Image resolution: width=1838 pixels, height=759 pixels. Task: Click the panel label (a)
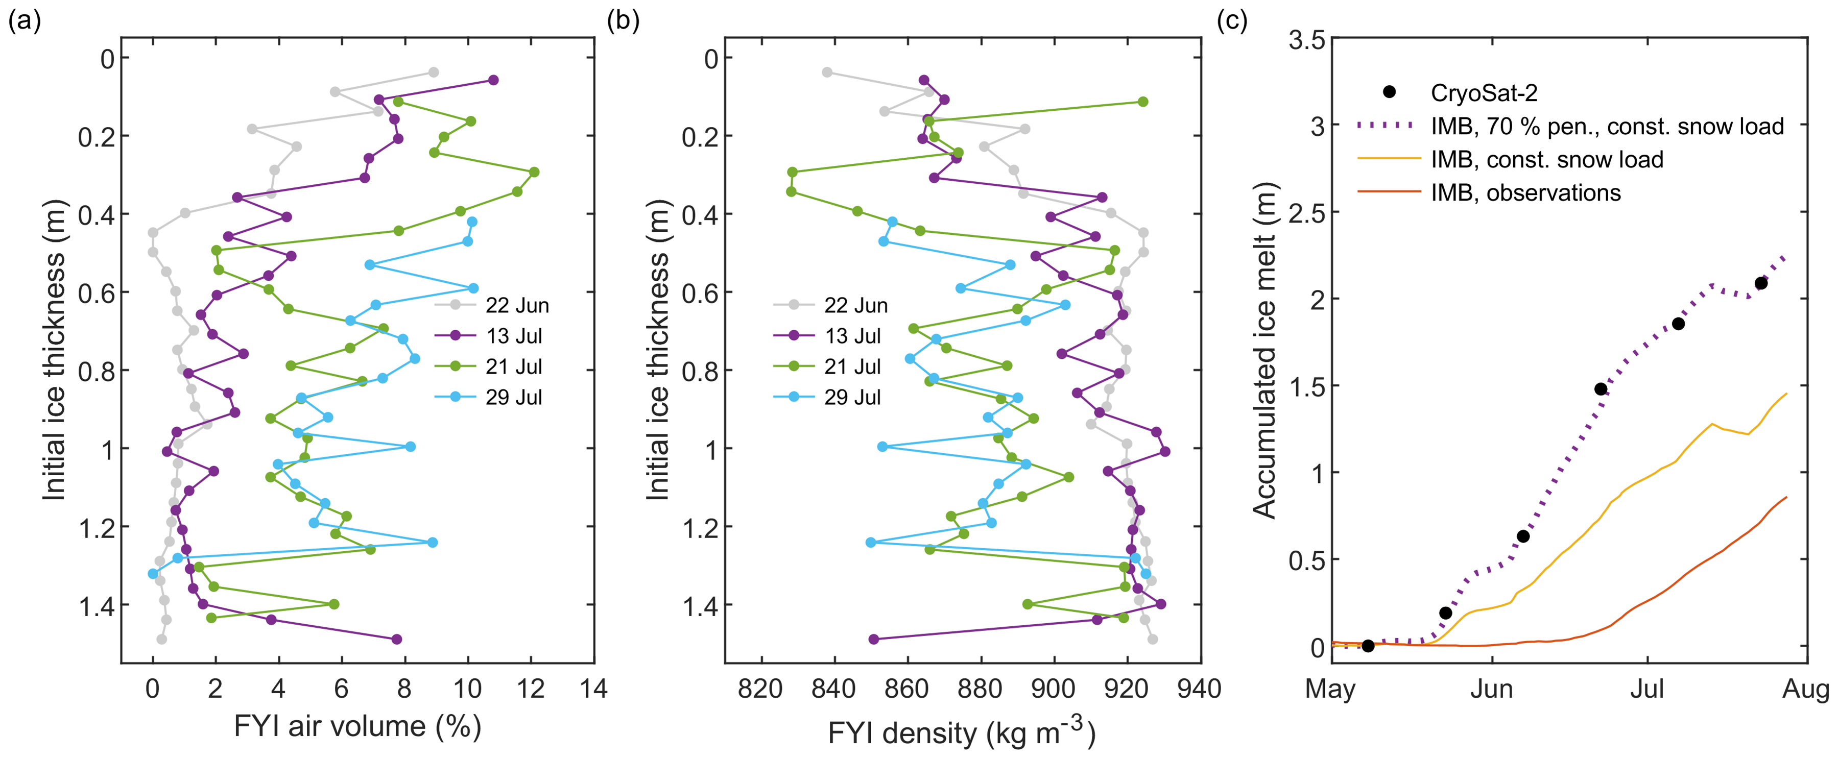[23, 22]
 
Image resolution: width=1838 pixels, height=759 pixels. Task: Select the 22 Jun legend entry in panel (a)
[517, 305]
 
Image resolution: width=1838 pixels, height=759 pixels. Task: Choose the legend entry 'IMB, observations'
[1525, 192]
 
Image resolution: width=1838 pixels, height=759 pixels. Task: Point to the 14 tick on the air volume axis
[593, 689]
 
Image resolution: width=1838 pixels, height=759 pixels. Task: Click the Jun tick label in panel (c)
[1491, 690]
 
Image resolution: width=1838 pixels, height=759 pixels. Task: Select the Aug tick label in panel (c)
[1806, 690]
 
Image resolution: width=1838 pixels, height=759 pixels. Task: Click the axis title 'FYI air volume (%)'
[357, 727]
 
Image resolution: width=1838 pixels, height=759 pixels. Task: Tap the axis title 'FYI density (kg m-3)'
[961, 732]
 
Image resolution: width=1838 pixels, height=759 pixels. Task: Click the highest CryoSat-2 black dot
[1761, 283]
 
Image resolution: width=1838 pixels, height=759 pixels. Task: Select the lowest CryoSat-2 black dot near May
[1368, 646]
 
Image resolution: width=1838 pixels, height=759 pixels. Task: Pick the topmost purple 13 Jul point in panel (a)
[493, 80]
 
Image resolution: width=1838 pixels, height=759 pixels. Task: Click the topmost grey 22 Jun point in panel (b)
[827, 72]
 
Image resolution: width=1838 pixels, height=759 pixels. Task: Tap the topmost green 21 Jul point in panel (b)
[1142, 101]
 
